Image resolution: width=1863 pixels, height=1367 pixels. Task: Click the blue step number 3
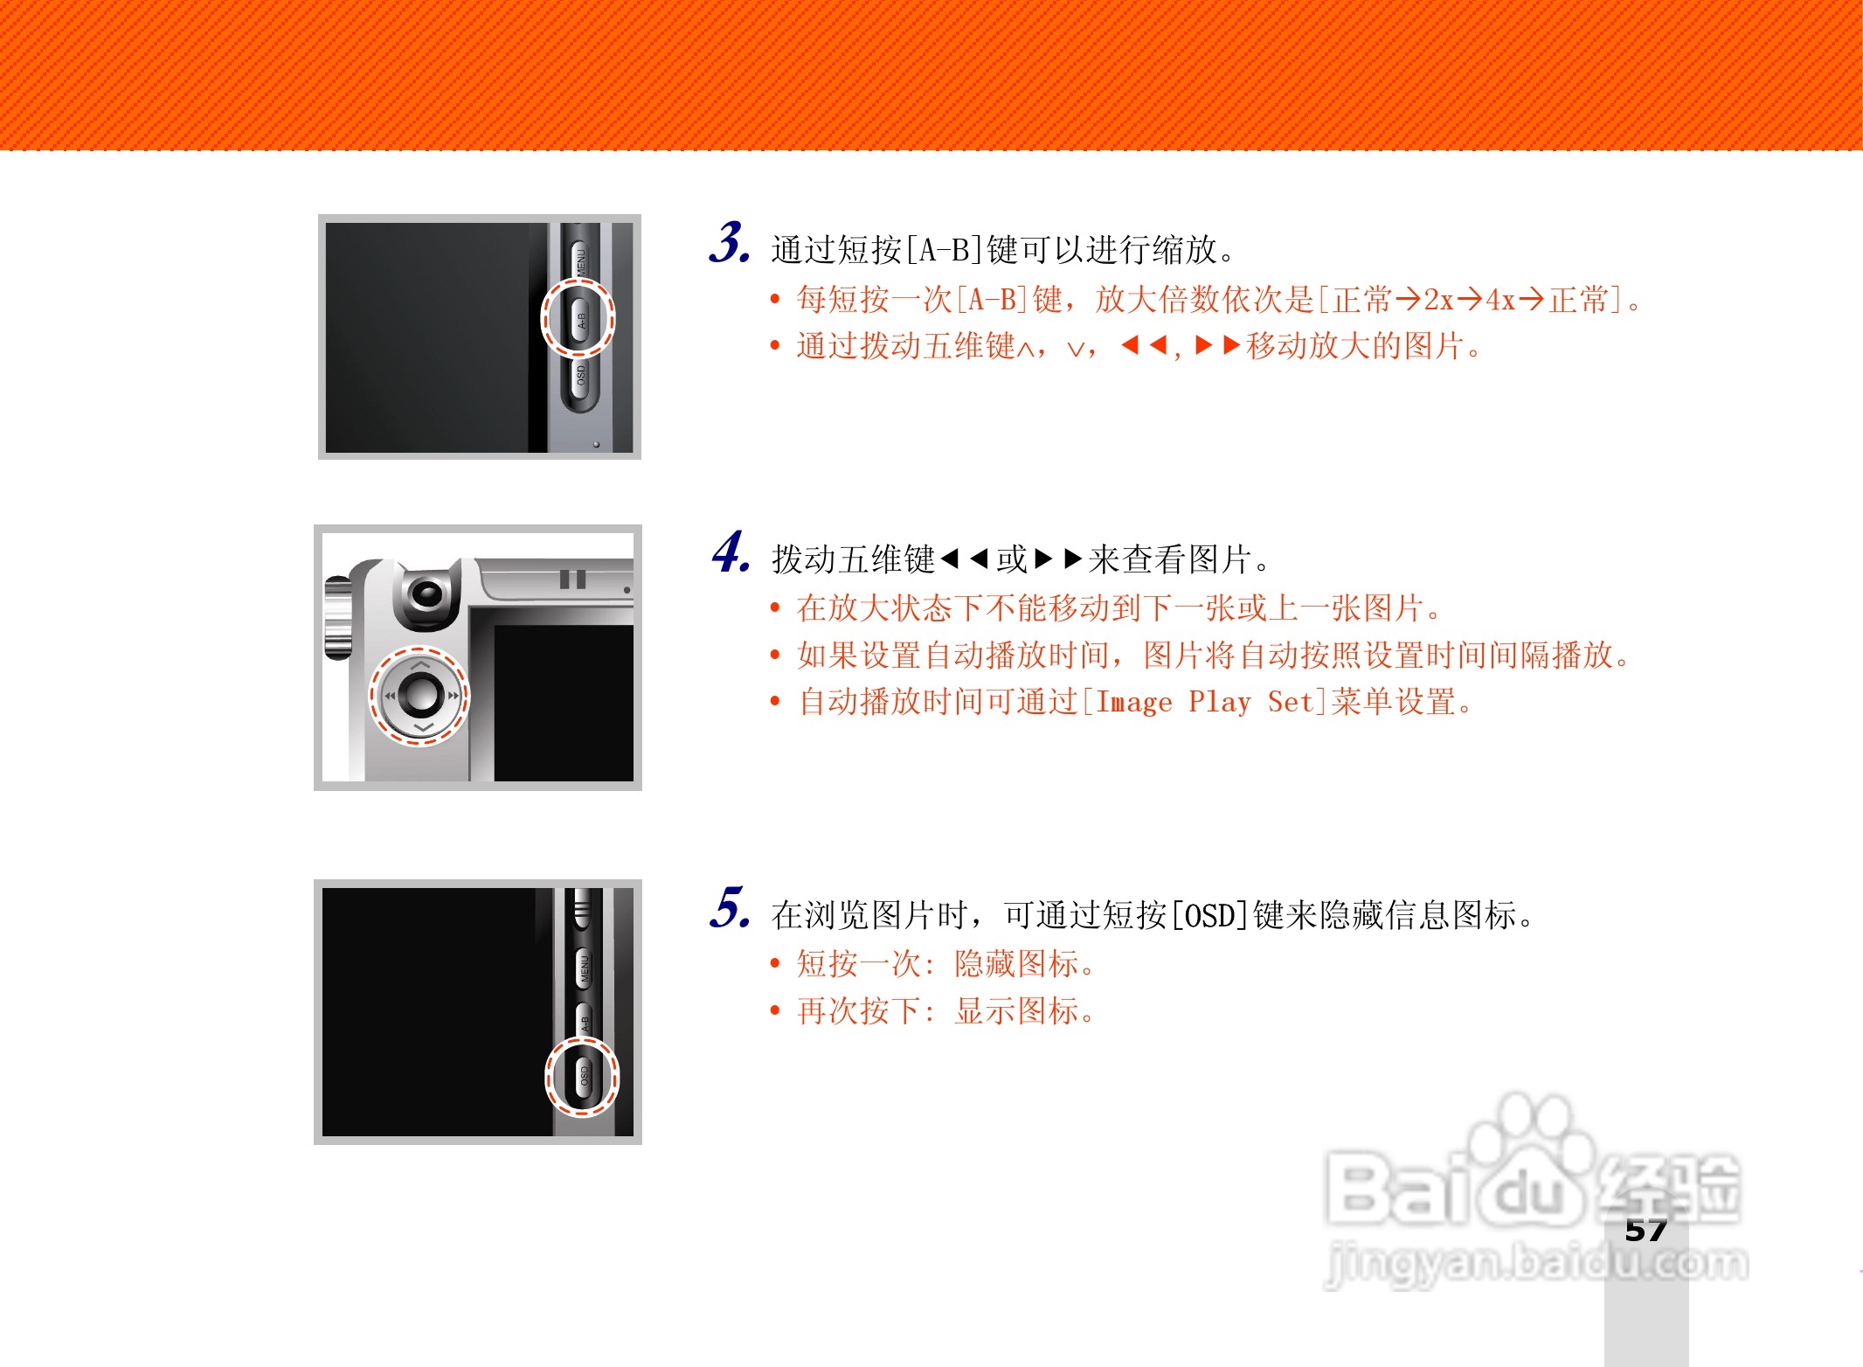click(x=729, y=243)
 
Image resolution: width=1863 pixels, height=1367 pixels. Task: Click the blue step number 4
click(x=731, y=552)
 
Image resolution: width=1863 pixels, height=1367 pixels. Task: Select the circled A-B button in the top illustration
click(x=578, y=318)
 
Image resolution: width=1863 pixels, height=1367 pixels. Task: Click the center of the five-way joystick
click(x=421, y=695)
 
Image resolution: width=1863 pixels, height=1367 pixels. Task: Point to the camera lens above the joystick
click(x=427, y=593)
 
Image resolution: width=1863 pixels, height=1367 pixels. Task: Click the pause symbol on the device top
click(x=572, y=579)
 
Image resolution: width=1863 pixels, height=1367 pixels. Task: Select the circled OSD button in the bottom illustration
click(x=583, y=1076)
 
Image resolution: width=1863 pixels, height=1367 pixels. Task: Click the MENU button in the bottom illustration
click(x=584, y=968)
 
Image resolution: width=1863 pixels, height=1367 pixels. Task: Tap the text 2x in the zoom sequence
click(x=1438, y=301)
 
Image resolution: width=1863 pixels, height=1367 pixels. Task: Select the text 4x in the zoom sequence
click(x=1500, y=301)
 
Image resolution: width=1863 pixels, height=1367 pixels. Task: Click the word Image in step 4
click(x=1133, y=702)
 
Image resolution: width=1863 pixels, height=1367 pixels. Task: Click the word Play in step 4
click(x=1220, y=702)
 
